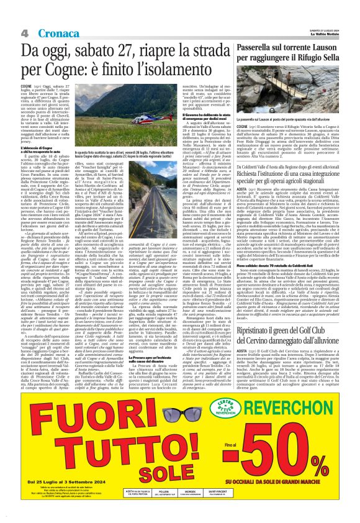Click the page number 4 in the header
click(24, 32)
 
